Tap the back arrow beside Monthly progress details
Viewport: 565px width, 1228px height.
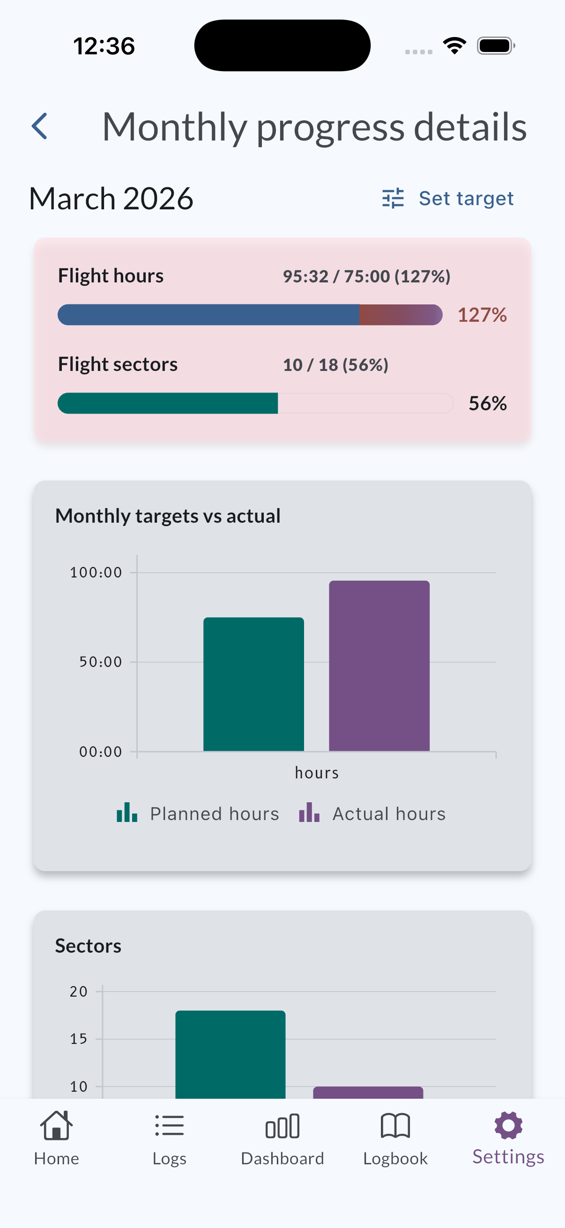39,126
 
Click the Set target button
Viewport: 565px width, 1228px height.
448,198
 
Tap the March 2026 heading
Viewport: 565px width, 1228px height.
111,198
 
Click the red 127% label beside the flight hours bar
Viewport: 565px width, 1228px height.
482,315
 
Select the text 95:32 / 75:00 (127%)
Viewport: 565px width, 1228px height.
366,276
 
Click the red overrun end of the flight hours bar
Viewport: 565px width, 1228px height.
401,315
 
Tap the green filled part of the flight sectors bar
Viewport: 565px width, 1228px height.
167,403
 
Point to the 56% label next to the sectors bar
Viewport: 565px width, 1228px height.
487,404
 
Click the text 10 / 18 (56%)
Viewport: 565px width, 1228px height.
335,365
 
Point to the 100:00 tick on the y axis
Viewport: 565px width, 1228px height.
96,572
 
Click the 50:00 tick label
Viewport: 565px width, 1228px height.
101,662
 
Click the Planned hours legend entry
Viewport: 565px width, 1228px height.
198,814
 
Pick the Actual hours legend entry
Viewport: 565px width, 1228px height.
372,814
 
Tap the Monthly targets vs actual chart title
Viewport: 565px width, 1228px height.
168,516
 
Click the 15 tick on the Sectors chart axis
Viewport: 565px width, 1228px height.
79,1039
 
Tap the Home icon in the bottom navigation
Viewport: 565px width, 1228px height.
56,1126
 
